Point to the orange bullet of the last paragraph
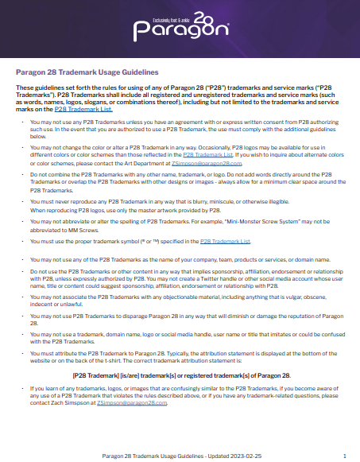[21, 389]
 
